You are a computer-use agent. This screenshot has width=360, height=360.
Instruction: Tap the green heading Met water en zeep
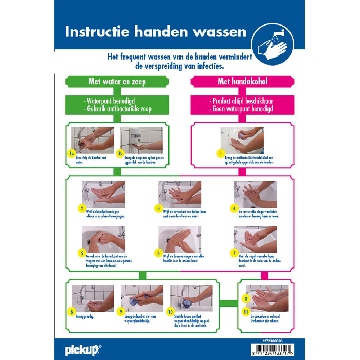pos(117,82)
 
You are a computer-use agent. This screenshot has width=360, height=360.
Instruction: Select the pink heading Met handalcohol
pos(242,82)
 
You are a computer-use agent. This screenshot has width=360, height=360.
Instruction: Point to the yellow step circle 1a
pos(71,154)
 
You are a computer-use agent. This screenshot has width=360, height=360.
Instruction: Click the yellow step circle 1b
pos(120,154)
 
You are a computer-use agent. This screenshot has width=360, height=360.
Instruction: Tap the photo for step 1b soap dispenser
pos(141,138)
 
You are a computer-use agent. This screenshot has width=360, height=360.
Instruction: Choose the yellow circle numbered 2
pos(82,208)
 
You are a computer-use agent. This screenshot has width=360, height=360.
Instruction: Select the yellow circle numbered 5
pos(82,253)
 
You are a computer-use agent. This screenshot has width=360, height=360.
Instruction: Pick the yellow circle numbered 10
pos(170,312)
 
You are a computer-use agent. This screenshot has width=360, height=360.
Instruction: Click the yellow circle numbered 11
pos(246,312)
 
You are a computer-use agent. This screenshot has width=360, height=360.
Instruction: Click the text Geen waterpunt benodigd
pos(242,108)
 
